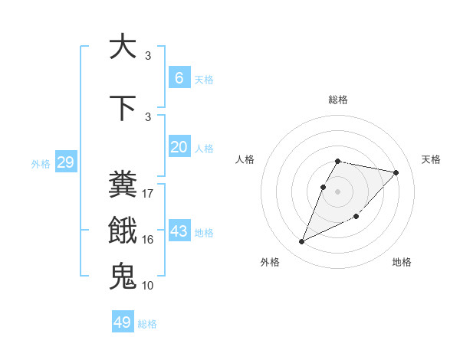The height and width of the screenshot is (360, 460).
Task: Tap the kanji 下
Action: (123, 108)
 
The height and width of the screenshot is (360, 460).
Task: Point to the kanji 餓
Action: (123, 231)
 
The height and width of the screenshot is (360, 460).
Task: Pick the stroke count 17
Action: (148, 194)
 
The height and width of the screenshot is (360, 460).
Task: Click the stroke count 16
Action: (148, 240)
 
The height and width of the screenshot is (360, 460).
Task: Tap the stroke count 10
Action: (148, 285)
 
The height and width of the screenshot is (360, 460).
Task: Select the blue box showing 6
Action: (179, 78)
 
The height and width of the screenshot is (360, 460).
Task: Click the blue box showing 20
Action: (179, 147)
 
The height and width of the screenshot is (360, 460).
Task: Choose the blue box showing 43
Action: (179, 231)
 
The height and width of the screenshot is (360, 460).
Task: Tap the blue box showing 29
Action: (65, 162)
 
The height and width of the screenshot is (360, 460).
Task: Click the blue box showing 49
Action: (123, 322)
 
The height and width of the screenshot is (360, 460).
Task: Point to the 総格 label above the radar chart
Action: (338, 100)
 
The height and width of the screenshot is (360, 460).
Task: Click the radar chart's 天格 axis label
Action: (431, 159)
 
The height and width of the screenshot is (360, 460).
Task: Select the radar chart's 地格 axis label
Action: (402, 262)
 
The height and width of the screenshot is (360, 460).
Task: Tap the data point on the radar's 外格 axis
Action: (302, 242)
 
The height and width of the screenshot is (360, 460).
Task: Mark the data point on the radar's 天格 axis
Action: (396, 172)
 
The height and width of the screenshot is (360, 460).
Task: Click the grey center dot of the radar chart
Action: (338, 191)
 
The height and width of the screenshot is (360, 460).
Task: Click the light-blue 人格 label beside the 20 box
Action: (204, 148)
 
